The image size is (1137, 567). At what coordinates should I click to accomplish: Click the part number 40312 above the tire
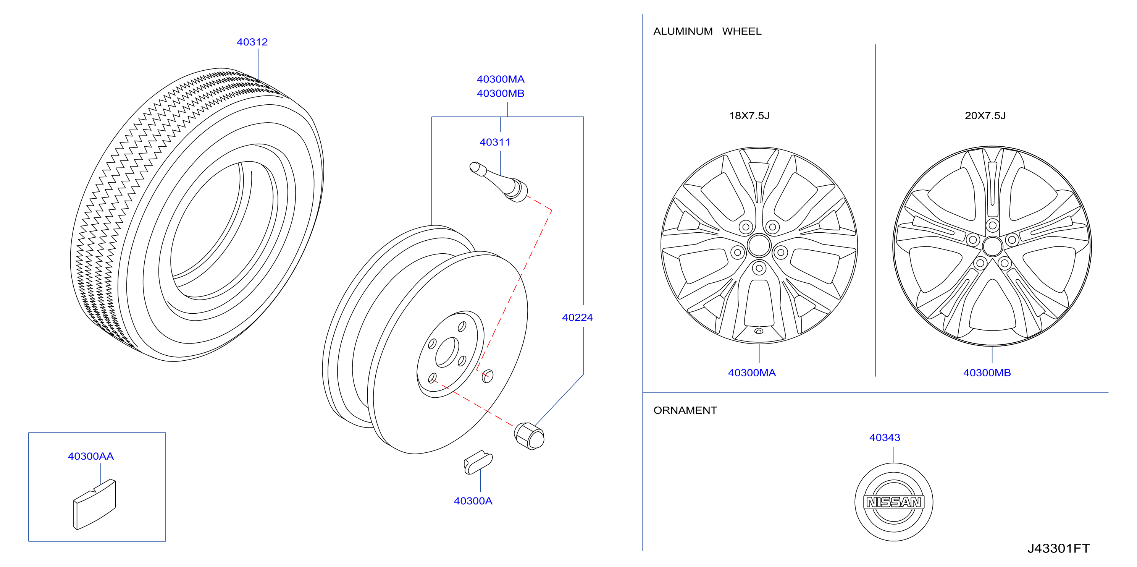pos(252,42)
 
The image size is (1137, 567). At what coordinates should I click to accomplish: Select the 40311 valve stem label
pos(495,142)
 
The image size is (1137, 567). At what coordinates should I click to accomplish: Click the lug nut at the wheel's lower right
pos(529,436)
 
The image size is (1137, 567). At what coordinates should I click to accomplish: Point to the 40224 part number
pos(577,318)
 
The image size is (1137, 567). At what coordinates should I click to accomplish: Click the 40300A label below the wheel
pos(473,501)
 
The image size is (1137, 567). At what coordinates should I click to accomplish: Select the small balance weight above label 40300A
pos(478,462)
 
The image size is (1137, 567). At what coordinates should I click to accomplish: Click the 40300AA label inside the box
pos(91,456)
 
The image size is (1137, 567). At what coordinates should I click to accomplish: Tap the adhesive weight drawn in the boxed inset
pos(94,504)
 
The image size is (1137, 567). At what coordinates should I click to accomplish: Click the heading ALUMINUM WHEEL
pos(707,31)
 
